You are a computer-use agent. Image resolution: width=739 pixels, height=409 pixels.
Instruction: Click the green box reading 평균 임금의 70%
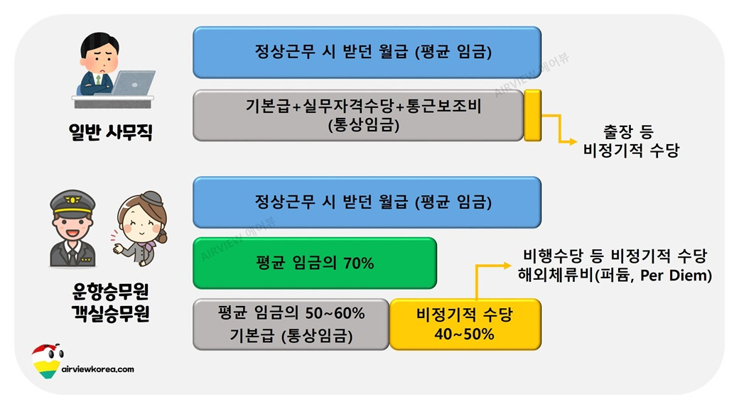point(314,263)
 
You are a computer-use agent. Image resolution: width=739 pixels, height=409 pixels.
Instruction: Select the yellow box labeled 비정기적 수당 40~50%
point(465,324)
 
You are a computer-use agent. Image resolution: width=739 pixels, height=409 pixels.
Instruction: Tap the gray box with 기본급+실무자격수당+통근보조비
point(359,115)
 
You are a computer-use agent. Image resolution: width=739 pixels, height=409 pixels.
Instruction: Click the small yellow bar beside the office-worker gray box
point(532,115)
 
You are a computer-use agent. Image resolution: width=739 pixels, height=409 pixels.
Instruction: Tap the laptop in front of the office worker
point(132,83)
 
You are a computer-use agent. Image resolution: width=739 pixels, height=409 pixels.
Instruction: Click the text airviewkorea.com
point(98,369)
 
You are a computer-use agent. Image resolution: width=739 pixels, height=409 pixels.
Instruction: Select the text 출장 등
point(627,131)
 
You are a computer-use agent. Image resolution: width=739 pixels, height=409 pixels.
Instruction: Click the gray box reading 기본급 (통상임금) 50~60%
point(291,324)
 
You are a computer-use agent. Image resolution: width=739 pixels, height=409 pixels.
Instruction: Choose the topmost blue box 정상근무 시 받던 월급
point(367,53)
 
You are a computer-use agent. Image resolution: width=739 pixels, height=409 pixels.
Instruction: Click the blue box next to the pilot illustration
point(367,202)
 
